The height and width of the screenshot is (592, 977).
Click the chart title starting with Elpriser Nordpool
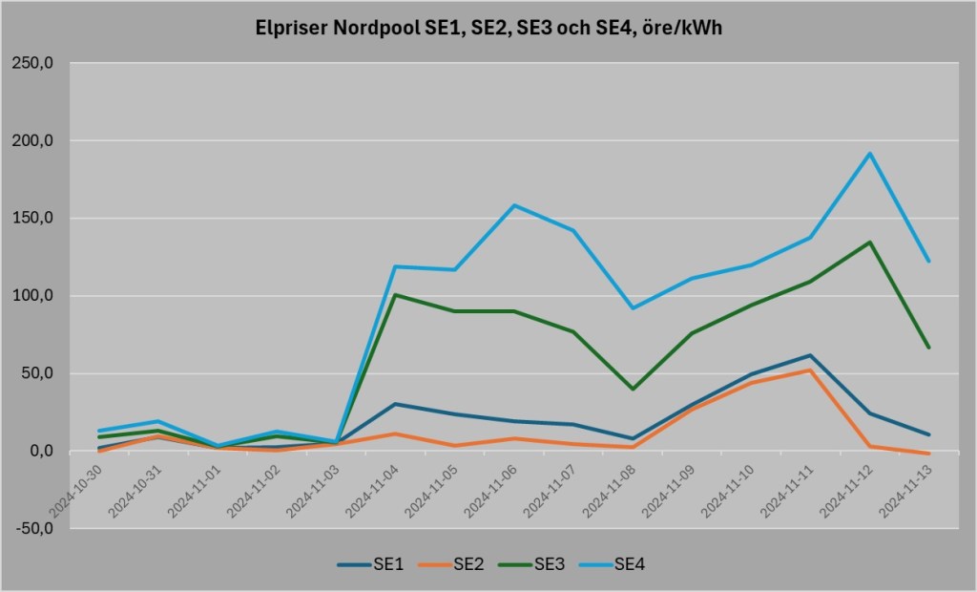pos(488,29)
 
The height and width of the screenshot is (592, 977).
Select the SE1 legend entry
pos(373,564)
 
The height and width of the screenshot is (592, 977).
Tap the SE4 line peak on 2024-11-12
pos(869,154)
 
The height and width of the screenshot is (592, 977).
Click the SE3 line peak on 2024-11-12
pos(869,243)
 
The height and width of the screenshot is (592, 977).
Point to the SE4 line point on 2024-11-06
pos(514,205)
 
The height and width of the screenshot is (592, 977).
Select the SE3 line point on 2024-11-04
pos(396,295)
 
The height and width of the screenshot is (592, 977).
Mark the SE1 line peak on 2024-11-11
pos(810,355)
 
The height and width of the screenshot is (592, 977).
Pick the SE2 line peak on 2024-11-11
pos(810,370)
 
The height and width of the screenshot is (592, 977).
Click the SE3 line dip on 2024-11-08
pos(633,389)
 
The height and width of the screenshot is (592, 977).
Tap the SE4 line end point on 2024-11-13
pos(928,261)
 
